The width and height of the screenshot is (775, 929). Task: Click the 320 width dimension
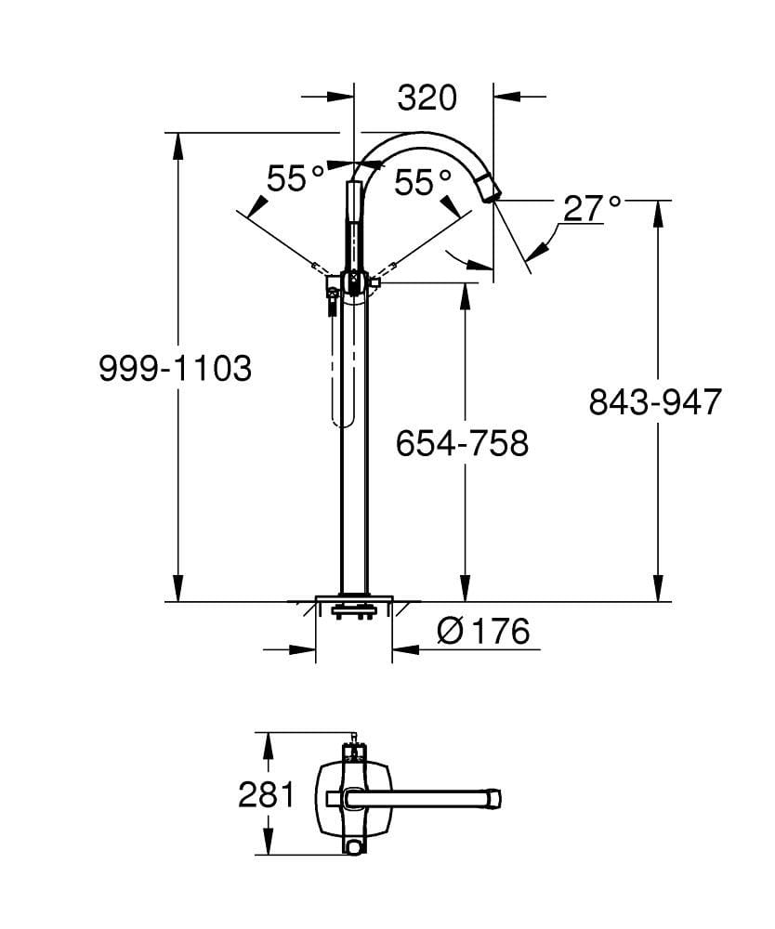(x=427, y=97)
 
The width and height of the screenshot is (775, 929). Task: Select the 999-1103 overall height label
(x=175, y=369)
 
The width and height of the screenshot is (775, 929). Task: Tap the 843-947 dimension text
(x=654, y=401)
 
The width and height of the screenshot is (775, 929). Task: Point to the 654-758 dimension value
(x=461, y=442)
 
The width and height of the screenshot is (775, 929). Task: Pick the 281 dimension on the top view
(x=266, y=795)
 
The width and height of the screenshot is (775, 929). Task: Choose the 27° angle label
(x=592, y=208)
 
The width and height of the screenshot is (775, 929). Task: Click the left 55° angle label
(x=296, y=178)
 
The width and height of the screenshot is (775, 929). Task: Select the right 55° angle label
(x=423, y=182)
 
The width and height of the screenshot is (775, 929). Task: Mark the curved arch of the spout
(x=418, y=139)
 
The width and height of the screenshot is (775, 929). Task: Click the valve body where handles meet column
(x=353, y=281)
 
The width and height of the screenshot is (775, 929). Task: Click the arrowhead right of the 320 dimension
(x=506, y=96)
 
